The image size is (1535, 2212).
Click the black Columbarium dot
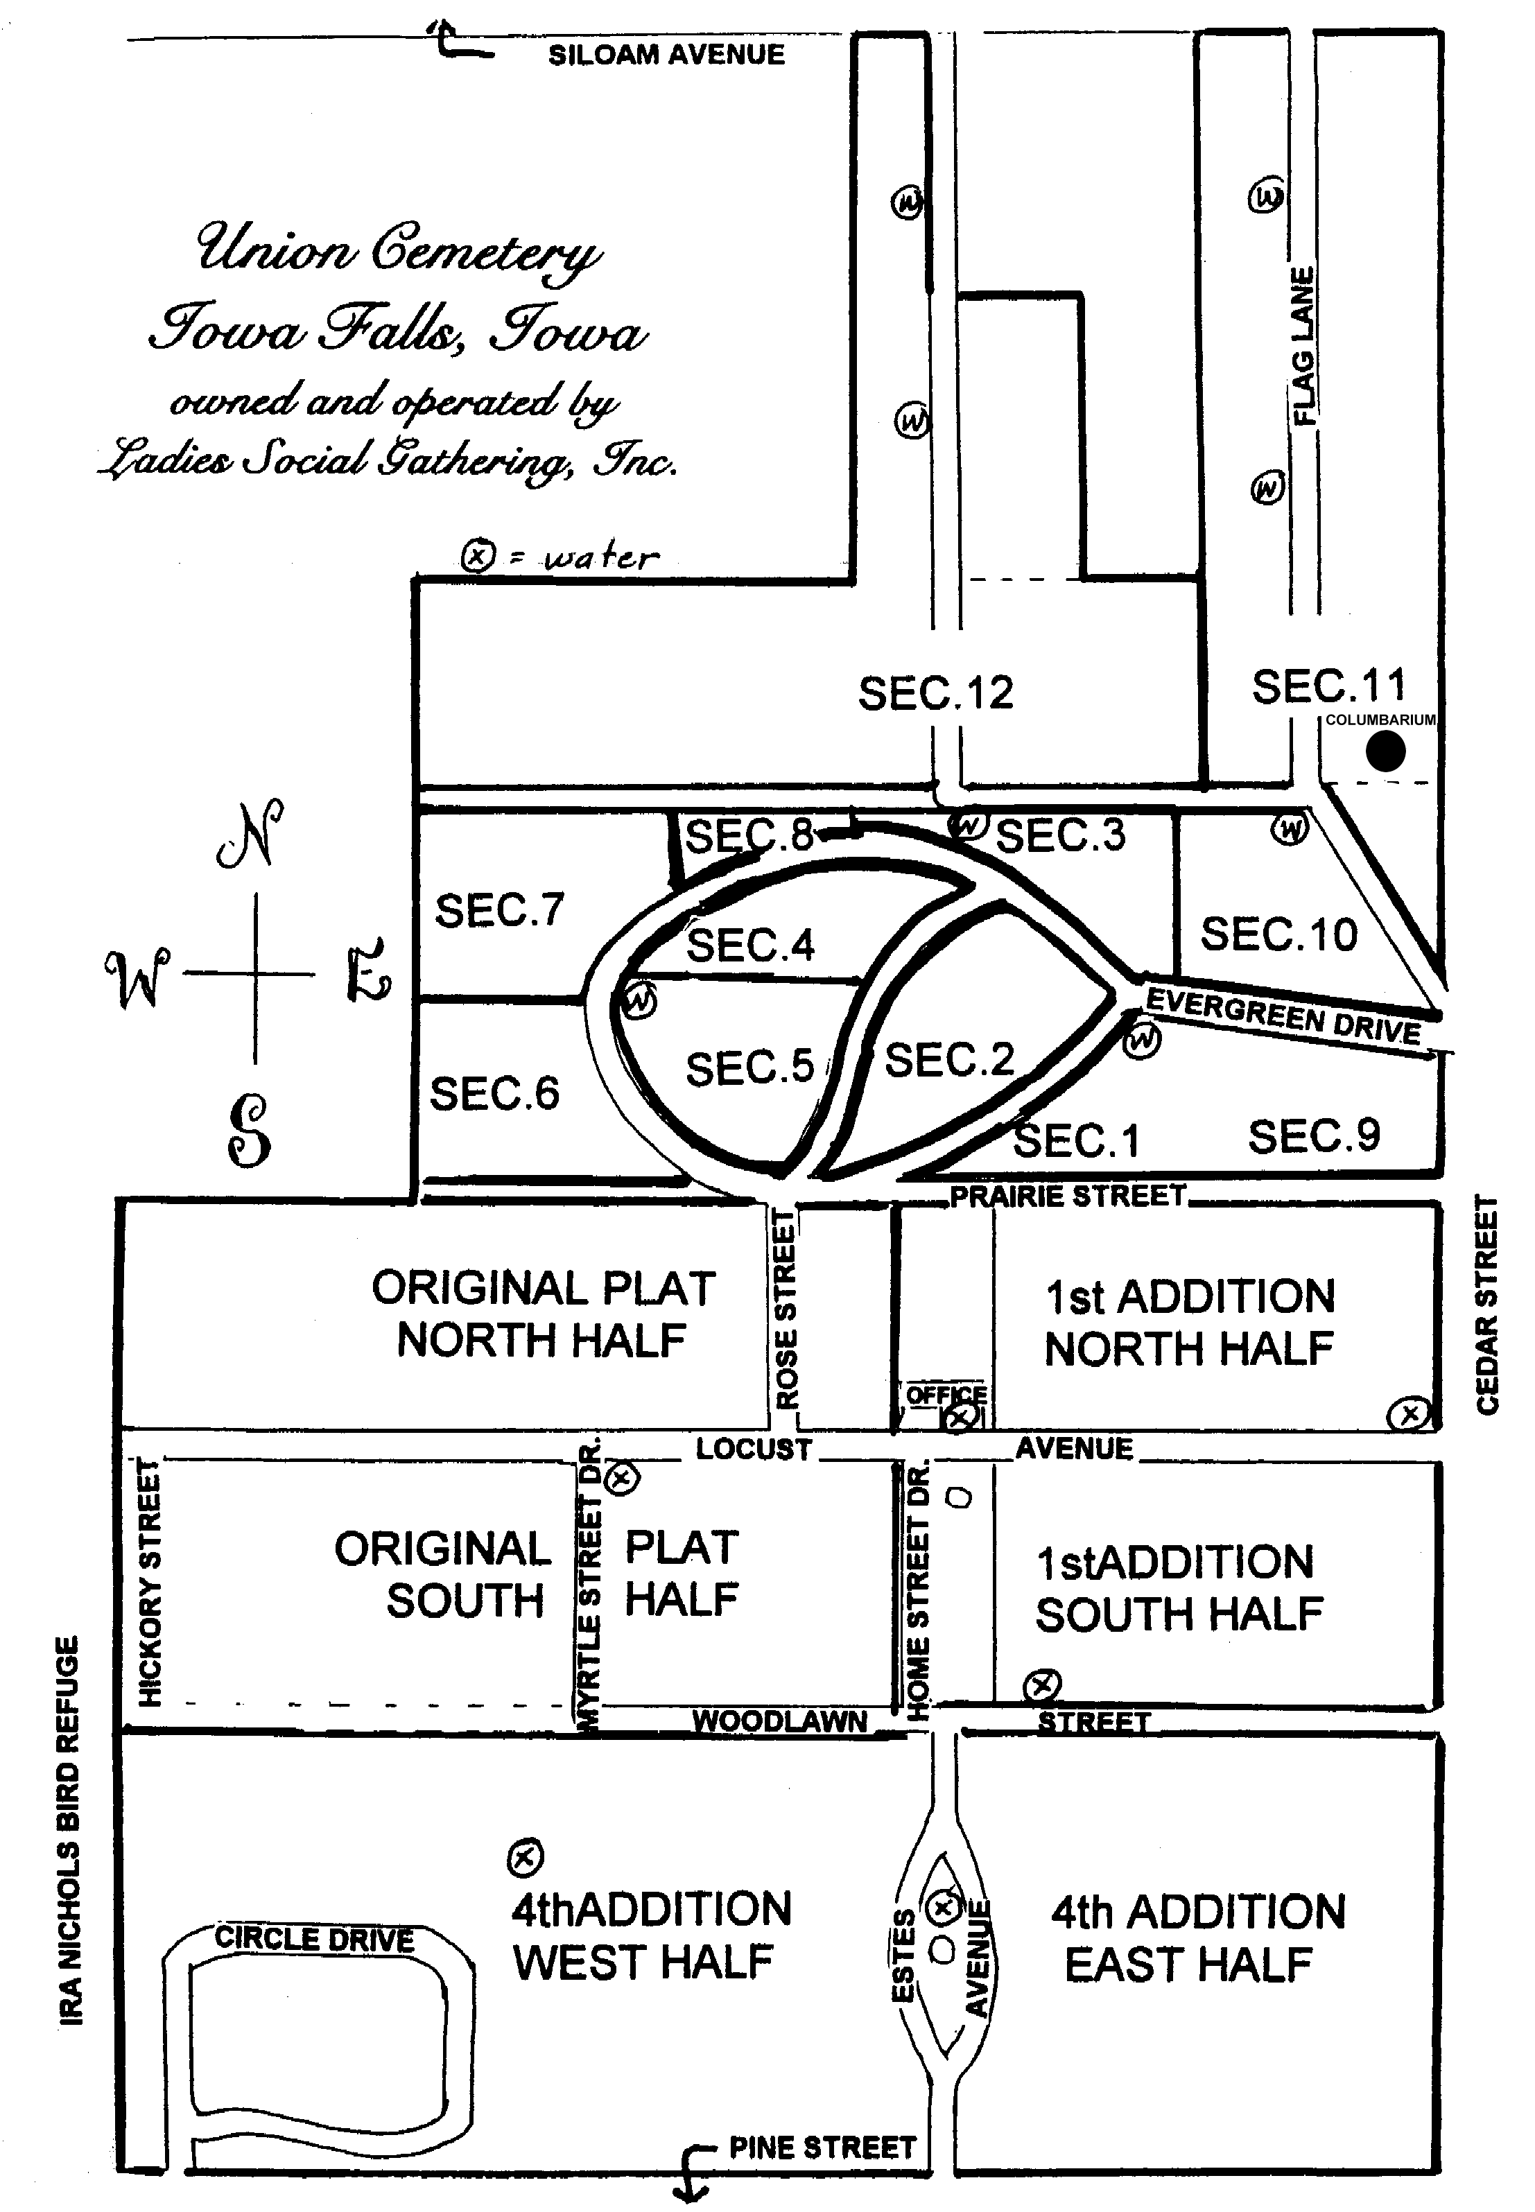(1385, 751)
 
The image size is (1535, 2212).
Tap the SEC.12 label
(936, 693)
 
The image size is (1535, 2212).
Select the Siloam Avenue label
(666, 55)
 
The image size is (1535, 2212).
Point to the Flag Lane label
(1302, 346)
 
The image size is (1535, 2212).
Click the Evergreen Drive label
(1284, 1016)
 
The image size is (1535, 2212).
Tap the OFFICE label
(946, 1394)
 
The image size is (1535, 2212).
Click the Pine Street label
(822, 2148)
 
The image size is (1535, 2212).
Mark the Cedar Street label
(1487, 1305)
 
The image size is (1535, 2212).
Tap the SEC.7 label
(499, 910)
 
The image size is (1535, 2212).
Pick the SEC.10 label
(1279, 934)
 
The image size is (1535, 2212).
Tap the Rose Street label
(787, 1309)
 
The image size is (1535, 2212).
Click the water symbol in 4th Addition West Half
(525, 1857)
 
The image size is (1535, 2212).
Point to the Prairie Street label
(1068, 1196)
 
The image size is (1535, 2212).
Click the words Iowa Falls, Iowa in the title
(398, 330)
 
